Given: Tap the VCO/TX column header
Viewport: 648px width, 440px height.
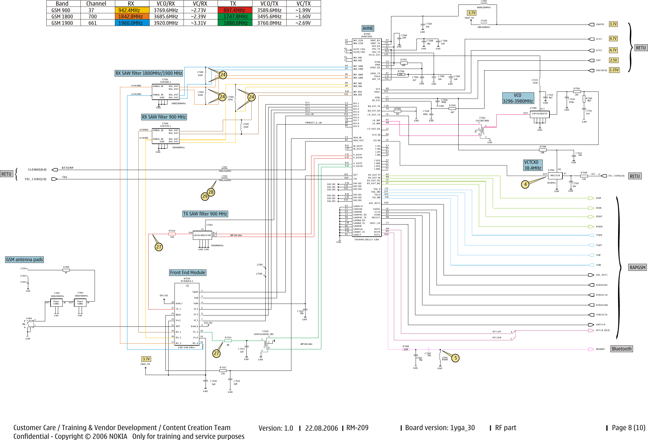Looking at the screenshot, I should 269,4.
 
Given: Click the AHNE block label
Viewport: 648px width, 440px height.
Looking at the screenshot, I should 368,28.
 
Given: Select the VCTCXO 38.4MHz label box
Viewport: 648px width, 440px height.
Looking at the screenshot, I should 533,165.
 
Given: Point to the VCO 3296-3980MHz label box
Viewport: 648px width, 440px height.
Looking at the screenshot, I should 518,98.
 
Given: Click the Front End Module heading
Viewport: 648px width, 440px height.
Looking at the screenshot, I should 187,273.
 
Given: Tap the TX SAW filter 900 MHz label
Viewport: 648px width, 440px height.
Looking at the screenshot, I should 205,214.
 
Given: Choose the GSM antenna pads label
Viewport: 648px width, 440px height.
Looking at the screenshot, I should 25,260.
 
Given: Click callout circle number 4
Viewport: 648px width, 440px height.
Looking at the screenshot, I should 525,184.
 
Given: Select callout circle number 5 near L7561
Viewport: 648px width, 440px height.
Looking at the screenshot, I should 455,358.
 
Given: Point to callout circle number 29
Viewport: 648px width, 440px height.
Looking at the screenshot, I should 205,196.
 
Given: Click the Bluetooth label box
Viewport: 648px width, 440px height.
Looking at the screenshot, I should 621,349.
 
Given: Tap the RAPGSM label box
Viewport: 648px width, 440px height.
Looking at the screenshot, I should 637,267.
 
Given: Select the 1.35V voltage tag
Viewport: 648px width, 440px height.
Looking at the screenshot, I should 614,70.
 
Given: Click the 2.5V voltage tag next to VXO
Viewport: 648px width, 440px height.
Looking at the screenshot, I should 613,60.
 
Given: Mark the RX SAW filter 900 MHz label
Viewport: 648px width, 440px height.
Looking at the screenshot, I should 164,117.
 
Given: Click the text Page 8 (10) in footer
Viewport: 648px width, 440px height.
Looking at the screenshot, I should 628,428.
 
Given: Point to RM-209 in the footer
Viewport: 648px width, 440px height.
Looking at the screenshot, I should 357,428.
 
